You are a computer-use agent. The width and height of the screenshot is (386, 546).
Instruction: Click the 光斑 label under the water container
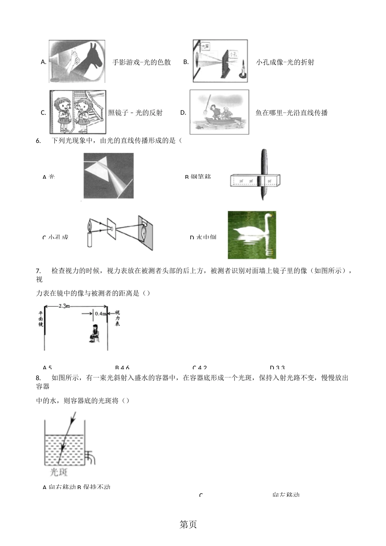(59, 472)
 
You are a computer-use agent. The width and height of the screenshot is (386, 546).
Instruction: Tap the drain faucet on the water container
(91, 457)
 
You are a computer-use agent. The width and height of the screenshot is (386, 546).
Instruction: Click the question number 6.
(38, 141)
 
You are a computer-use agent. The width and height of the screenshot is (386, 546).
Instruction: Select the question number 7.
(38, 271)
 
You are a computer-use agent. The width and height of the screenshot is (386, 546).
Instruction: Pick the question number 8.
(38, 378)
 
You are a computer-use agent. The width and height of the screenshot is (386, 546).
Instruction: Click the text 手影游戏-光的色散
(141, 62)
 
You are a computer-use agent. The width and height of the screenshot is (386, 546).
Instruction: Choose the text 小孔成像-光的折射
(285, 62)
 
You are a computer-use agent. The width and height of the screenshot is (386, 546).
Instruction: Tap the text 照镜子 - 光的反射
(135, 113)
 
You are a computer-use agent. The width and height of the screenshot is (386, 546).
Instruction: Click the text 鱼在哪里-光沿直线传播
(291, 113)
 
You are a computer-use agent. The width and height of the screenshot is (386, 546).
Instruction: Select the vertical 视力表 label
(117, 318)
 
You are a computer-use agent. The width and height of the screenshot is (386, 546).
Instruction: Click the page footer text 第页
(188, 524)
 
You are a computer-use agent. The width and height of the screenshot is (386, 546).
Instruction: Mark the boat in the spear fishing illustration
(222, 121)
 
